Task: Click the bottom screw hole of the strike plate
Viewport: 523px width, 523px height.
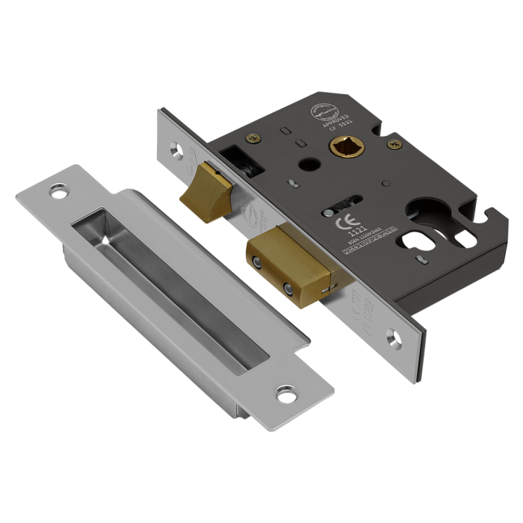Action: pyautogui.click(x=284, y=390)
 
